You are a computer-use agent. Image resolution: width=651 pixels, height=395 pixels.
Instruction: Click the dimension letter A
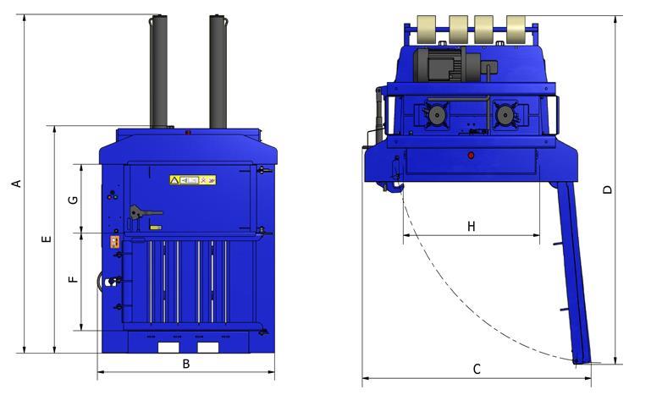14,184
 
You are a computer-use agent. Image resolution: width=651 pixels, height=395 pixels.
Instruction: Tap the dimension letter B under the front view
186,365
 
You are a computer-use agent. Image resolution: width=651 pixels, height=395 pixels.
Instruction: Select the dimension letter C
477,369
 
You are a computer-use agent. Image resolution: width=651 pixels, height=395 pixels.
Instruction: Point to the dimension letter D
607,190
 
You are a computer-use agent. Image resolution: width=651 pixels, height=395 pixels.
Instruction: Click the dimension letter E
47,239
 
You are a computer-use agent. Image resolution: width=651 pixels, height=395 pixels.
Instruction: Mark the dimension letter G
73,200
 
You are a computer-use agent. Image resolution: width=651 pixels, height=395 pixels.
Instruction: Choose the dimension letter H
471,226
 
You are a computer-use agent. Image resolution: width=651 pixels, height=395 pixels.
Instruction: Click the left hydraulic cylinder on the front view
157,72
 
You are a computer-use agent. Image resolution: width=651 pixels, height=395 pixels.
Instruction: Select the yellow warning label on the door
193,179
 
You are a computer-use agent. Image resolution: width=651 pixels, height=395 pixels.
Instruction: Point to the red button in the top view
472,155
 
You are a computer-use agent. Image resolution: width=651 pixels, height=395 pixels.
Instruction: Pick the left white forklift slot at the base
169,348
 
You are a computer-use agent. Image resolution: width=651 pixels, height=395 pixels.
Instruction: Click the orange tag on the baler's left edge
114,243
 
